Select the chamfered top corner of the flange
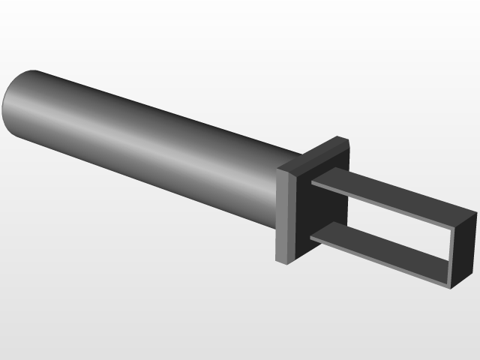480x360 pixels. click(x=342, y=139)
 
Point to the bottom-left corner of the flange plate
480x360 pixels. click(x=280, y=262)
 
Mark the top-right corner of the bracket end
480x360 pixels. click(x=475, y=214)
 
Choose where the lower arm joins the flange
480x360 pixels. click(x=312, y=237)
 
